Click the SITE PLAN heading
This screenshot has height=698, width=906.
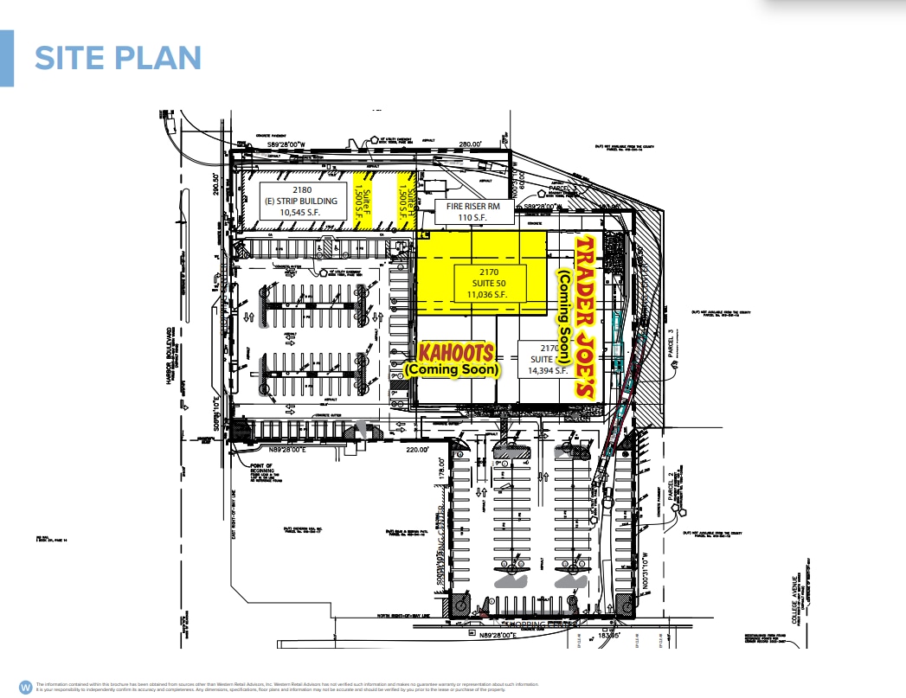(x=118, y=58)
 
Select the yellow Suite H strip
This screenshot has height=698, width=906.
(x=402, y=201)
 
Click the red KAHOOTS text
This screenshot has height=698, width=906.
(x=456, y=353)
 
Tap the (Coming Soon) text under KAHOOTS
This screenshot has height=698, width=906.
(x=452, y=369)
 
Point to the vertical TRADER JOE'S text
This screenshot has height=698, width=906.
(x=587, y=316)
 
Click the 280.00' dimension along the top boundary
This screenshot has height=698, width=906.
(x=470, y=144)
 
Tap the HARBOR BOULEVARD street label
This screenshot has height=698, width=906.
(x=166, y=355)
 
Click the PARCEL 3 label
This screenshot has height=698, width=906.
(x=669, y=328)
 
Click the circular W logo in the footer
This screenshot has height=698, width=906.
(x=25, y=686)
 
